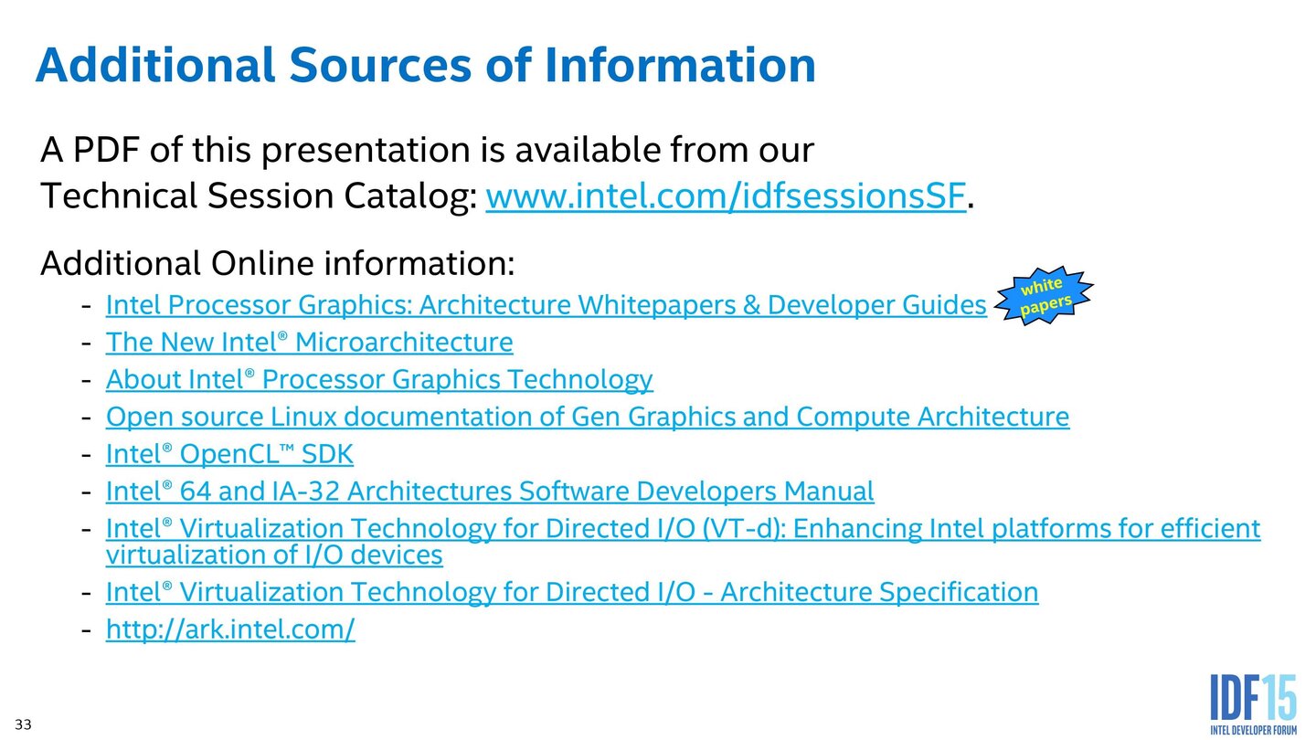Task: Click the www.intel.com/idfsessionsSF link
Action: coord(725,196)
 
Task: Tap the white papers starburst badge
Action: coord(1044,296)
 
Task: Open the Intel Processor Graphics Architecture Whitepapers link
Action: coord(546,305)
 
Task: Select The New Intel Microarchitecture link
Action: coord(309,343)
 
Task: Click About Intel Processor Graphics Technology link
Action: coord(379,379)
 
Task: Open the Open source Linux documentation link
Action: coord(587,417)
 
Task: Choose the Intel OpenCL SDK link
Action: coord(229,454)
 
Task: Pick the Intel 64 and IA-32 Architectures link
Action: coord(490,492)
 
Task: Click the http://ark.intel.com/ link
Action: coord(230,629)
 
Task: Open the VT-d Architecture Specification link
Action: coord(572,592)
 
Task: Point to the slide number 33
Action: coord(23,725)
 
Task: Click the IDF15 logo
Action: coord(1253,704)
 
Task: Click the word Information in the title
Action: coord(679,66)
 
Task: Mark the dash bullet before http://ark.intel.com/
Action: coord(86,630)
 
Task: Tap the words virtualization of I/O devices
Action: coord(274,555)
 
